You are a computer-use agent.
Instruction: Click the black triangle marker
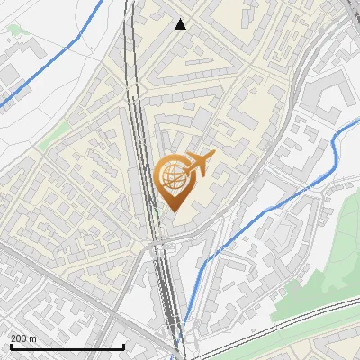(x=181, y=24)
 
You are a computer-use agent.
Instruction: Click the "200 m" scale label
(x=23, y=337)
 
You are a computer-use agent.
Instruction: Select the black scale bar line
(x=67, y=346)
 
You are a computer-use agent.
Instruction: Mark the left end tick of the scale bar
(x=10, y=346)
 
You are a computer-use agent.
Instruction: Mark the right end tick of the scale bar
(x=123, y=346)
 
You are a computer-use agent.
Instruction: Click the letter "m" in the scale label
(x=32, y=337)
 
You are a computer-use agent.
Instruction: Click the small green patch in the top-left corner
(x=13, y=31)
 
